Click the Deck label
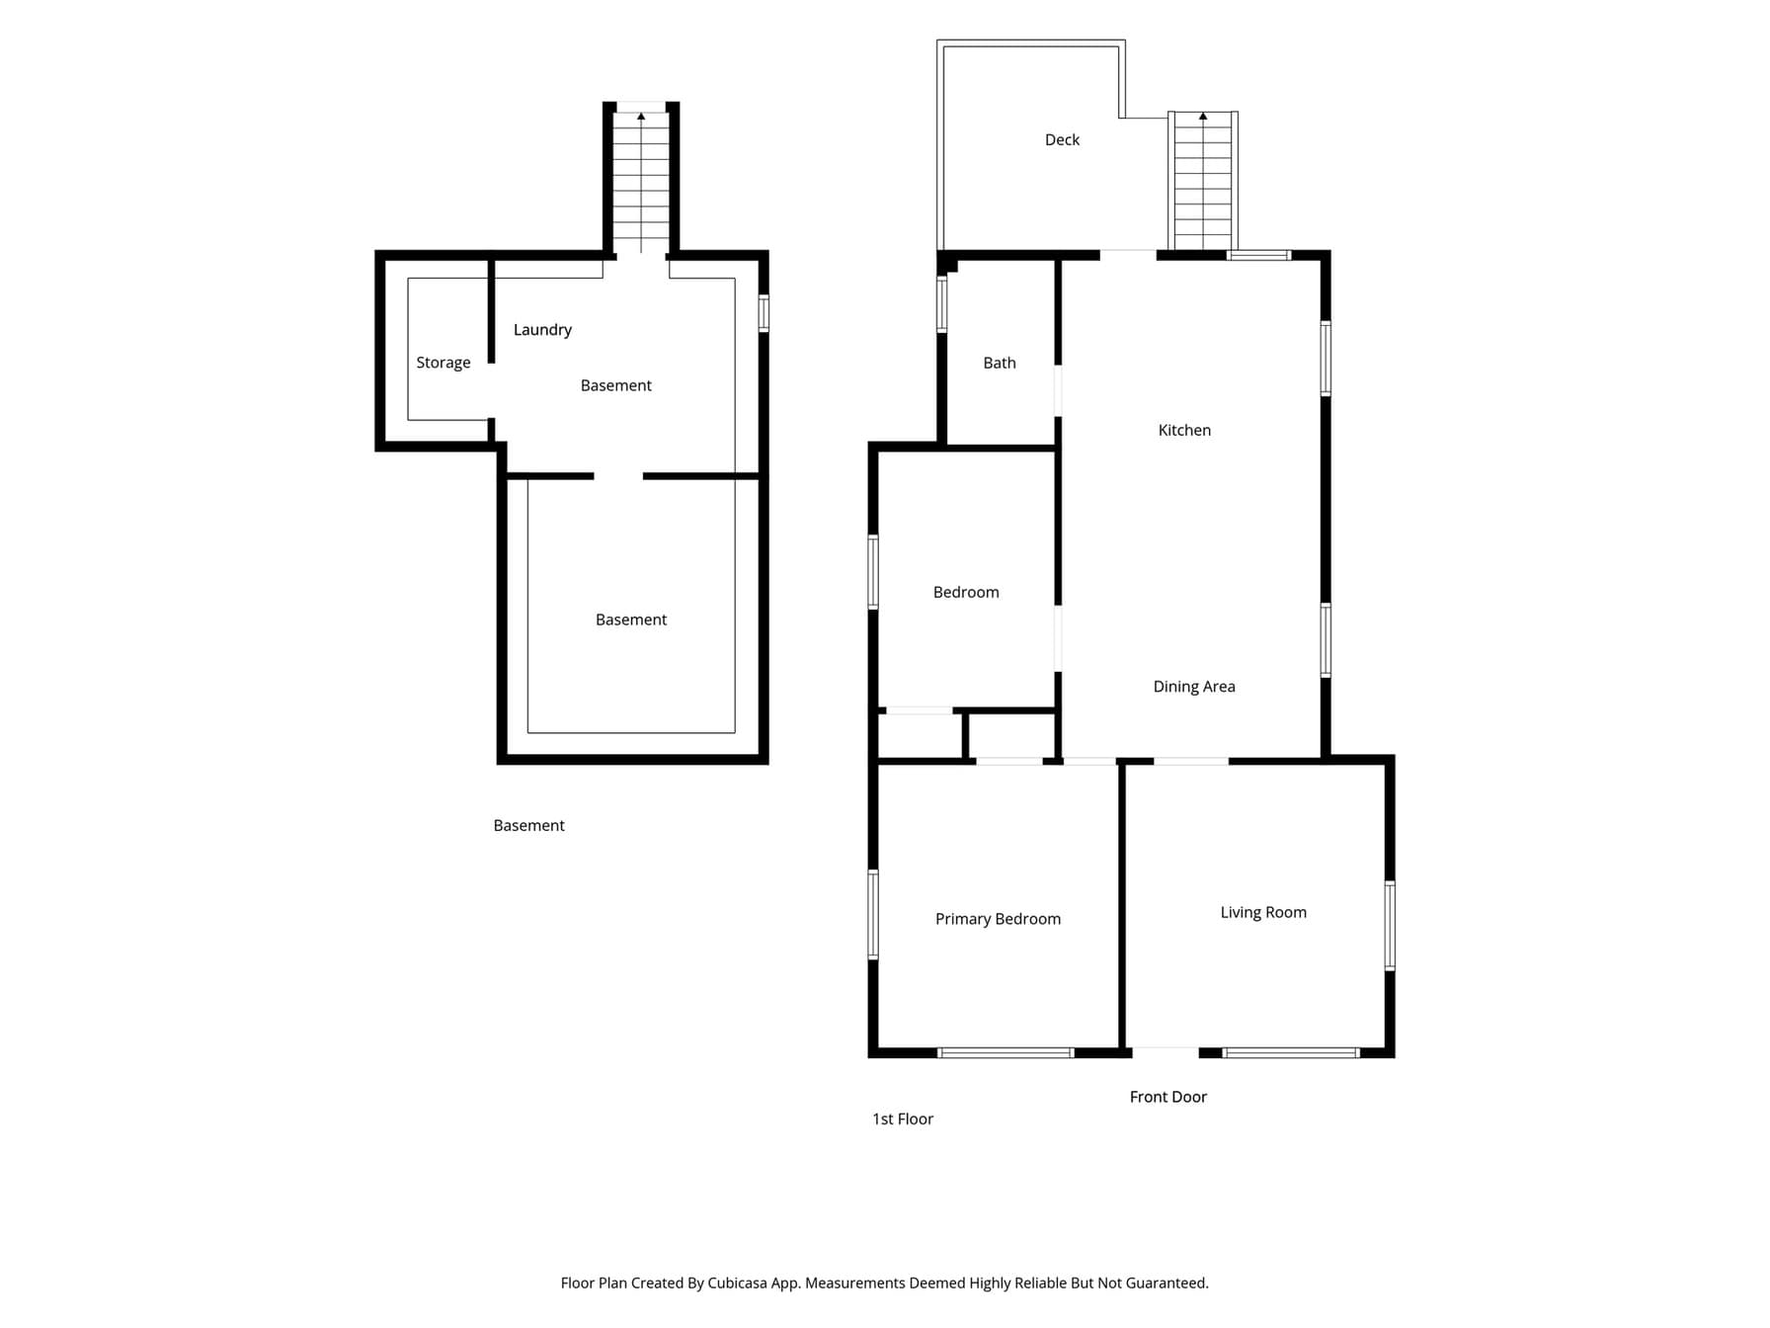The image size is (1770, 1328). pos(1062,139)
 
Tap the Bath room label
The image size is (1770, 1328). pos(1000,363)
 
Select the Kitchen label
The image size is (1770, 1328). pos(1184,430)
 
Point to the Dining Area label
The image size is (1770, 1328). pos(1194,687)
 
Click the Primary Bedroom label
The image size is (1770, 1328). pos(998,919)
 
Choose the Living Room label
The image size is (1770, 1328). pos(1263,912)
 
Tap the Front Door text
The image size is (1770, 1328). pos(1168,1097)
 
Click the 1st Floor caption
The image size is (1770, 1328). pos(903,1119)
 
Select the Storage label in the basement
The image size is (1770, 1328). pos(443,363)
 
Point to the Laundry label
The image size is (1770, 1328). pos(542,330)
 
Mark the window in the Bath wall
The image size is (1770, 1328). pos(942,303)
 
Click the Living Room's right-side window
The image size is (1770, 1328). pos(1390,926)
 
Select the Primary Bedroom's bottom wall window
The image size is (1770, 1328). pos(1006,1053)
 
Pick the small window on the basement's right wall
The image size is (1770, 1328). pos(764,313)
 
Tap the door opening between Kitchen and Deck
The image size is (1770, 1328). pos(1128,255)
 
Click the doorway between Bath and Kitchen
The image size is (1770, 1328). pos(1058,390)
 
